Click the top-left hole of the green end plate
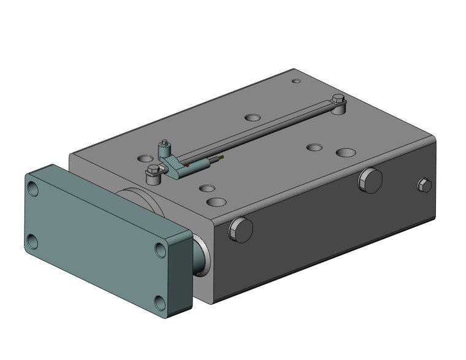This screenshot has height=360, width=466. point(33,190)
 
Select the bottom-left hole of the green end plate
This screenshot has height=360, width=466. point(32,242)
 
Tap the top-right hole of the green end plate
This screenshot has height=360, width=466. point(160,250)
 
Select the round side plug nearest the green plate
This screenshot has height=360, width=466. point(240,230)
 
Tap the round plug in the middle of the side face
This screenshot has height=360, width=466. point(370,180)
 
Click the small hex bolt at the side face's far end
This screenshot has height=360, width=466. point(423,185)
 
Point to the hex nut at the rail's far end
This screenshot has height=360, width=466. point(338,99)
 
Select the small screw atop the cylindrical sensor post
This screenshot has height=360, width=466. point(164,144)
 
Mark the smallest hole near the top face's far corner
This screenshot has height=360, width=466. point(296,80)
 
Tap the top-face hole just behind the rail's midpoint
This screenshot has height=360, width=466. point(252,117)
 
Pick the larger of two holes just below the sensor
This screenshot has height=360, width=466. point(216,201)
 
